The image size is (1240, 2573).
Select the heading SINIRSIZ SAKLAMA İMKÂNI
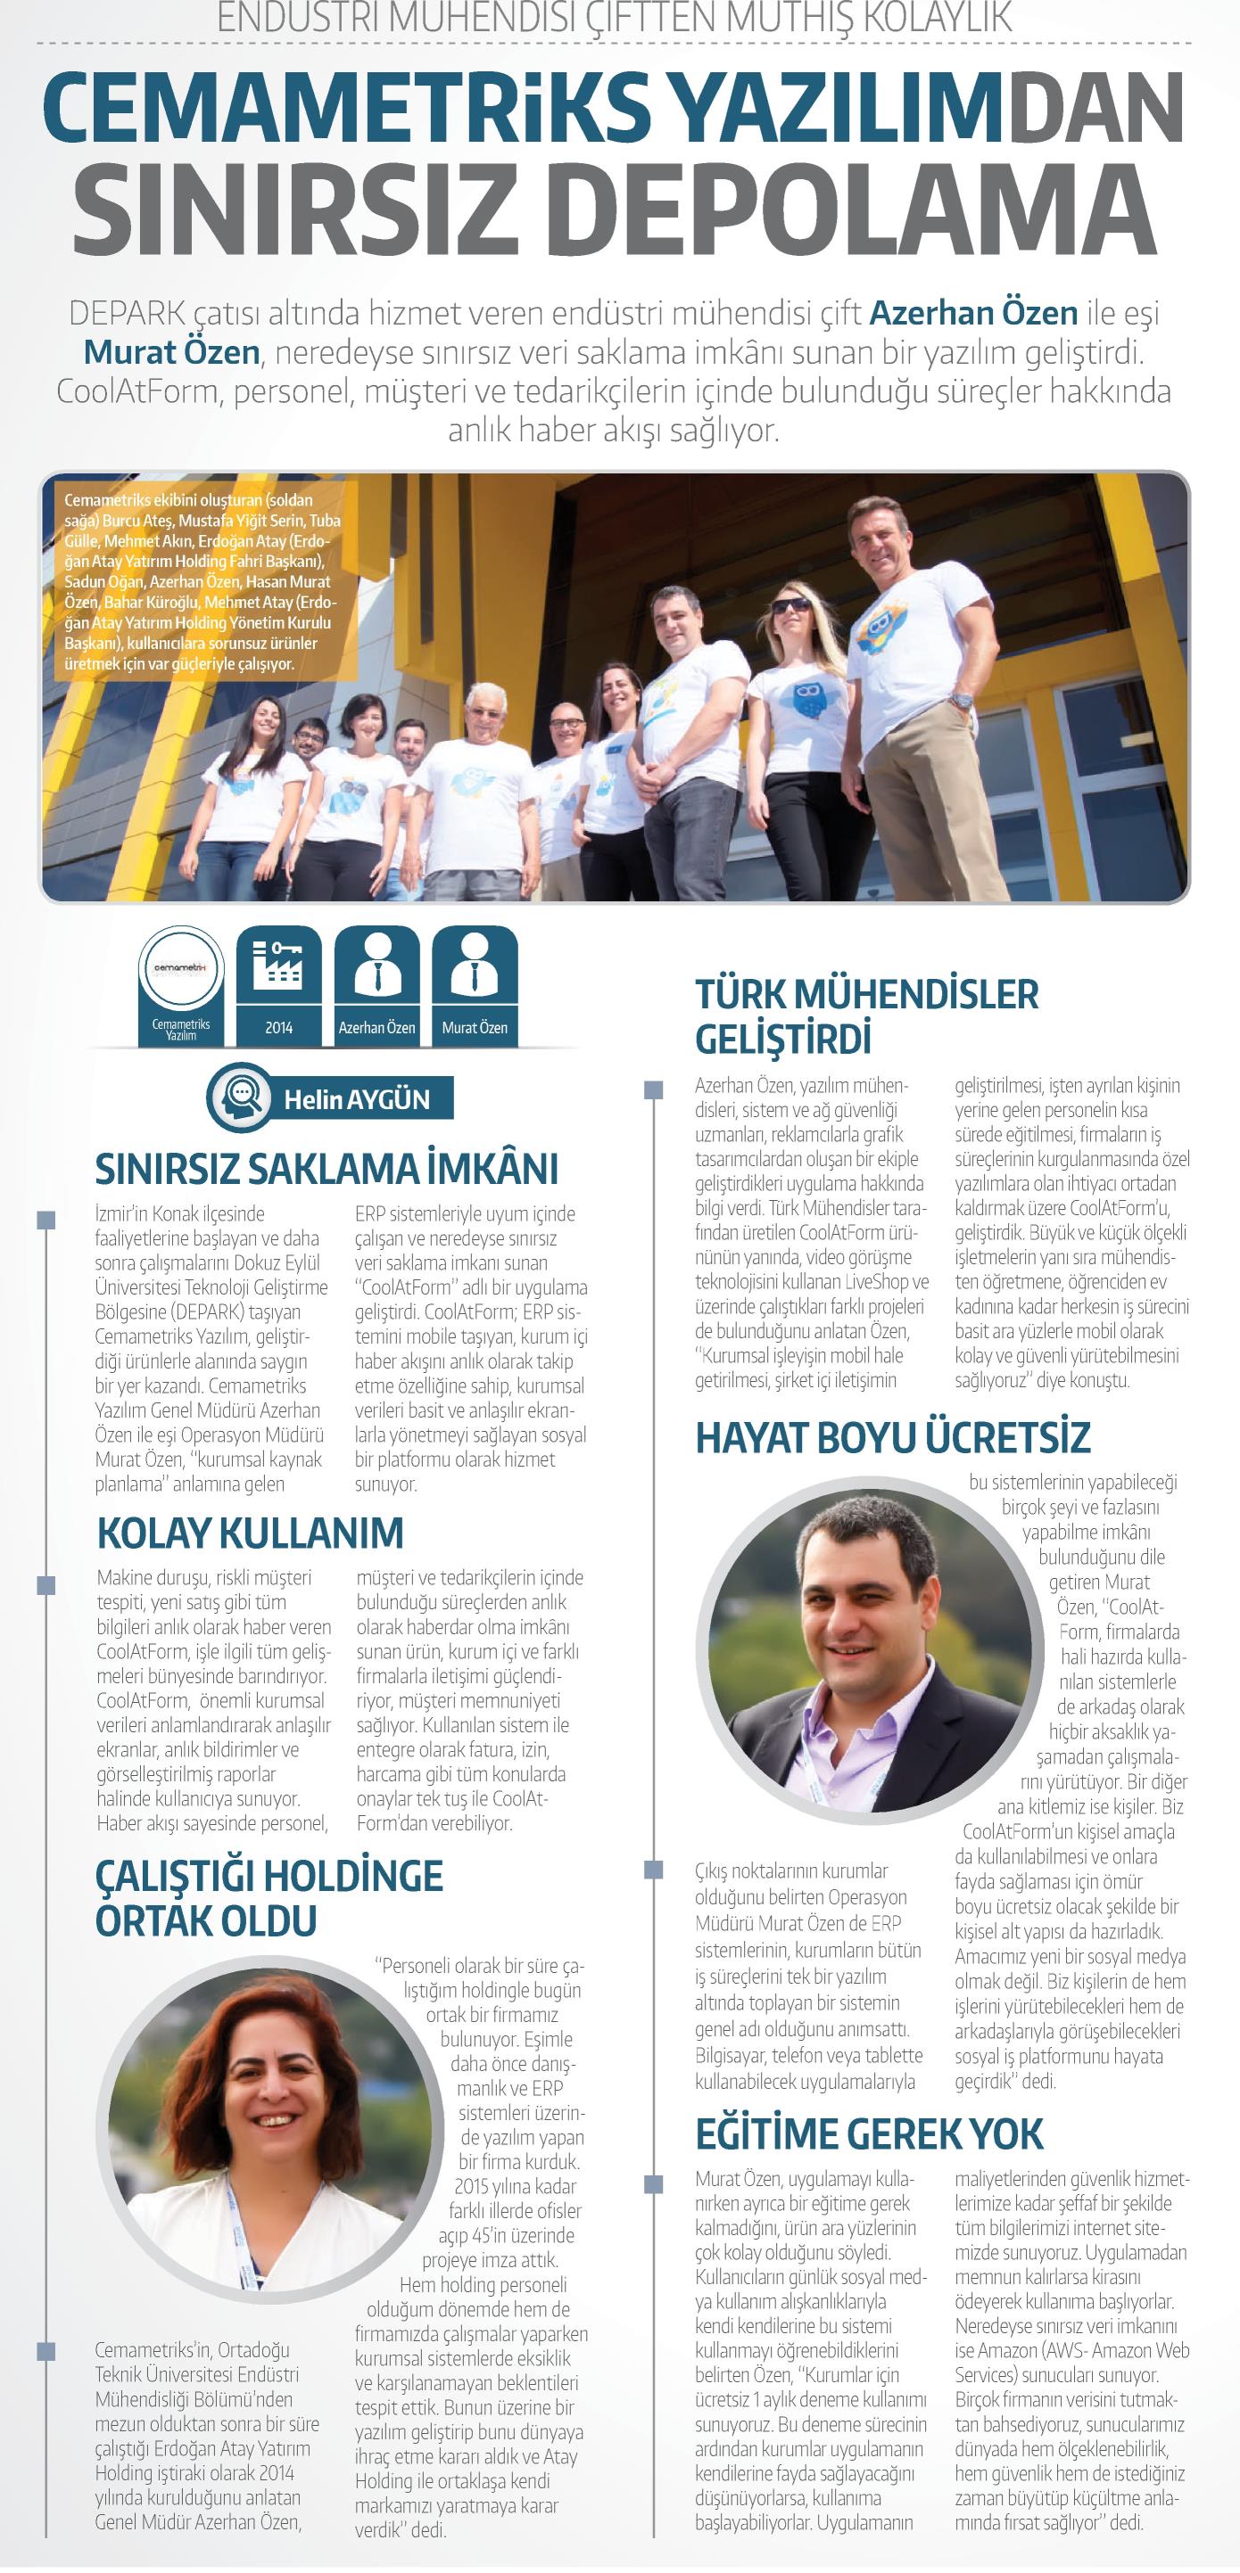point(327,1169)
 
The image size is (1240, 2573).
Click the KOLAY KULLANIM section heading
point(250,1533)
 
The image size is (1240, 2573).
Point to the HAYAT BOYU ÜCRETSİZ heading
point(892,1438)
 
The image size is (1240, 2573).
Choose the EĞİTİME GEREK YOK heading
point(868,2134)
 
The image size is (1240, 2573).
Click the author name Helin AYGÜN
point(357,1099)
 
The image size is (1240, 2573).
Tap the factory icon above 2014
point(278,966)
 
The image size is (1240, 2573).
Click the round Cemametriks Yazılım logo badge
point(181,969)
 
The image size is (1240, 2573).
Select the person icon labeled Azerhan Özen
point(376,966)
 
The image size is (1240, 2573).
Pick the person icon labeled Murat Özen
point(475,966)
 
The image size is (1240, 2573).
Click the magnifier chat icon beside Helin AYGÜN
point(240,1098)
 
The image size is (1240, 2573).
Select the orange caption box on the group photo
point(200,580)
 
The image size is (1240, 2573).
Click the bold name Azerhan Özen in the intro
point(973,313)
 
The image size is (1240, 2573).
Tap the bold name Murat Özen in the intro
point(171,351)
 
